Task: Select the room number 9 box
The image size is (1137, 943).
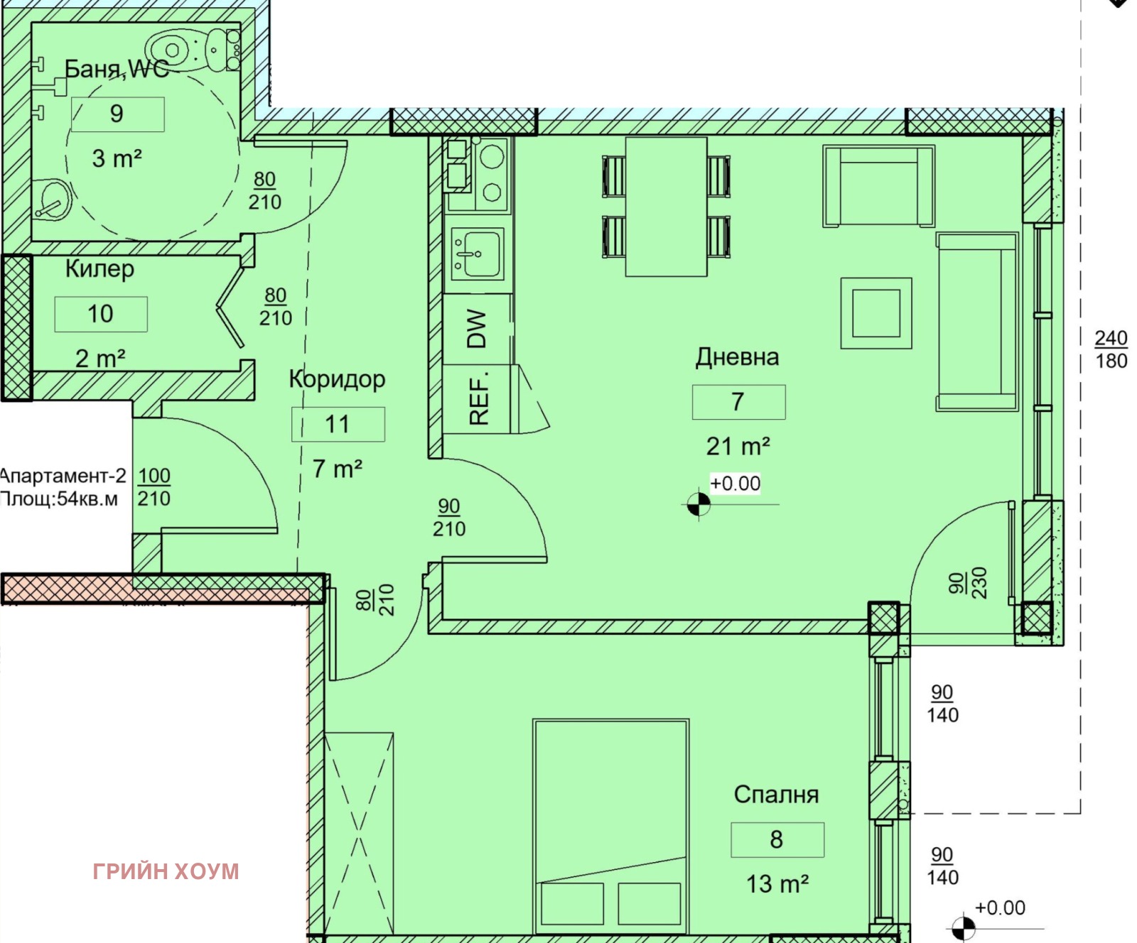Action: coord(118,114)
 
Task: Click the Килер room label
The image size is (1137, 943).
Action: coord(99,269)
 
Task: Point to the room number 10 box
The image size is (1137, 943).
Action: coord(101,314)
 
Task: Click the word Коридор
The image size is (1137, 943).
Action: coord(337,379)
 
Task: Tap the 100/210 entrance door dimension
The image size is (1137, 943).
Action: coord(154,486)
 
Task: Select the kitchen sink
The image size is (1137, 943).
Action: coord(478,254)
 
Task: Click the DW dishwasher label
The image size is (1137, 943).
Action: coord(477,329)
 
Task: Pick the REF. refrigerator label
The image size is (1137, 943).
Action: coord(479,398)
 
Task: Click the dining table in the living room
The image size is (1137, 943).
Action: coord(666,207)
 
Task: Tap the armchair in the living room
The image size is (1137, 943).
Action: coord(878,186)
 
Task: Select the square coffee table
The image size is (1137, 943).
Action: coord(876,313)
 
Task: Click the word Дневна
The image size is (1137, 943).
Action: coord(737,356)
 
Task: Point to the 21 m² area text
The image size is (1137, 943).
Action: coord(738,446)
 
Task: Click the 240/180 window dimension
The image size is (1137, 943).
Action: coord(1111,349)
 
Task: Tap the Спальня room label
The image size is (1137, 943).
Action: coord(776,795)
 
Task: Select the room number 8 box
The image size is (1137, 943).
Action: coord(777,840)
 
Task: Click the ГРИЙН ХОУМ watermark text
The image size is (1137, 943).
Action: coord(166,871)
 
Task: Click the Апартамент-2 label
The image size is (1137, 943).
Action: coord(63,475)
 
